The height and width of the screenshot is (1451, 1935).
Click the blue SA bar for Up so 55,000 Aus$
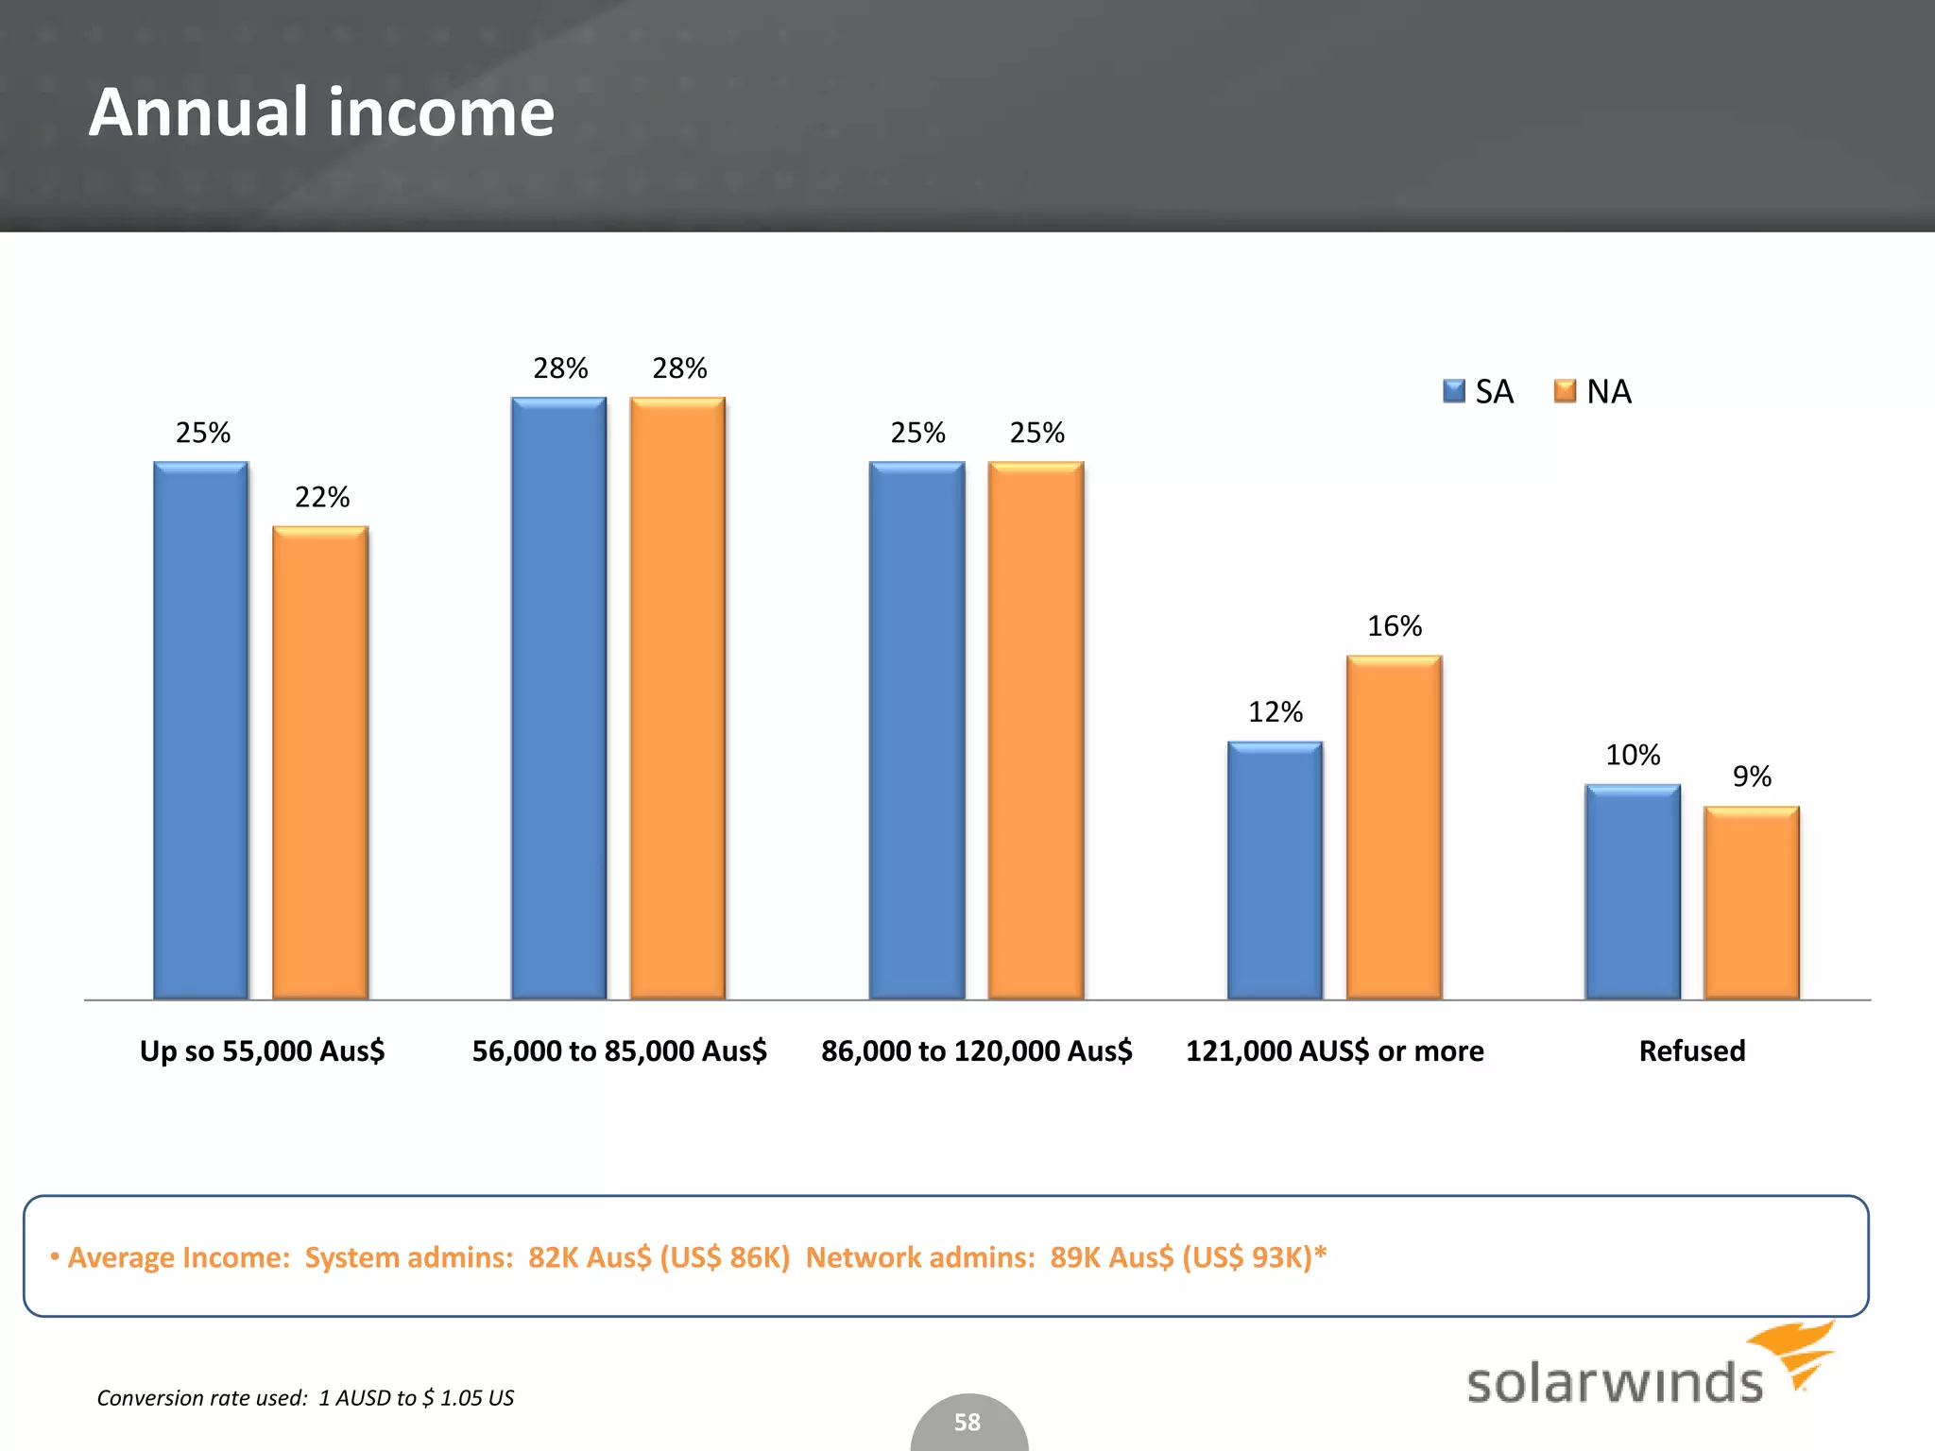coord(200,729)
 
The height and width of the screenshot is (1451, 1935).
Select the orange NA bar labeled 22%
coord(319,761)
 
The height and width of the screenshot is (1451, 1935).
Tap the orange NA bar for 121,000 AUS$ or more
coord(1394,827)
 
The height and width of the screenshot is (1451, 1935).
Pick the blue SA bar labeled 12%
coord(1275,869)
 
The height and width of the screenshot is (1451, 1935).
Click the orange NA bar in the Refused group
coord(1751,902)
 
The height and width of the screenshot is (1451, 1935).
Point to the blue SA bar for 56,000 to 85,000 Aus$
coord(558,697)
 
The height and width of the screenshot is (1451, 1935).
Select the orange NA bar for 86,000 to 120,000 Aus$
coord(1036,729)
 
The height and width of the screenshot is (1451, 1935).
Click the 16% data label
coord(1394,625)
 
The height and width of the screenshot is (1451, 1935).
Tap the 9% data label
coord(1751,776)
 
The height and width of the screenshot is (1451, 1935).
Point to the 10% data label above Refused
coord(1632,754)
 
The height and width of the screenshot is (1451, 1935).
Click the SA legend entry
coord(1479,391)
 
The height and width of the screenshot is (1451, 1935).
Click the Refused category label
coord(1691,1050)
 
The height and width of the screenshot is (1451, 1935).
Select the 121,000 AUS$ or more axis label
coord(1334,1050)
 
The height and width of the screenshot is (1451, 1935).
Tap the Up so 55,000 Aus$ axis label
coord(262,1050)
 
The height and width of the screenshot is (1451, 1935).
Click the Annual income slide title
coord(321,111)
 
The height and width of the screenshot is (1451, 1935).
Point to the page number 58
coord(967,1422)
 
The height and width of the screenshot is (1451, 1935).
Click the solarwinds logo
coord(1649,1370)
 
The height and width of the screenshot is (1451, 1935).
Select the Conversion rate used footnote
coord(305,1397)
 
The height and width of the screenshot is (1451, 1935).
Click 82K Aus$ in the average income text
coord(589,1257)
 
